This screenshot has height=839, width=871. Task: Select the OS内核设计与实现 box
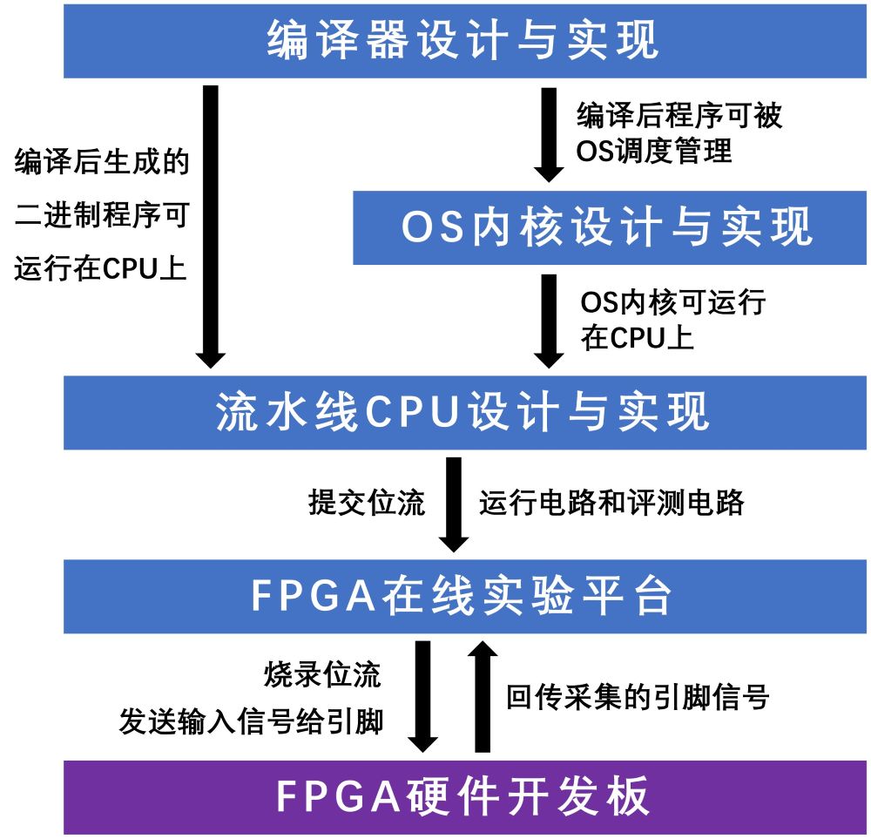point(609,227)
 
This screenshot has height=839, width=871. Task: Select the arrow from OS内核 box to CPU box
point(549,319)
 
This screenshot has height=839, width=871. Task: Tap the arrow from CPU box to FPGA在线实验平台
point(454,504)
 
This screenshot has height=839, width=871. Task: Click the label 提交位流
point(366,503)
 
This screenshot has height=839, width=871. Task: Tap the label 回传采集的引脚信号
point(638,697)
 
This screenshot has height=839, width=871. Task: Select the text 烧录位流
point(322,675)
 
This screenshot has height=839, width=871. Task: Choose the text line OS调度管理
point(654,152)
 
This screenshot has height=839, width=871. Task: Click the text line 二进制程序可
point(101,216)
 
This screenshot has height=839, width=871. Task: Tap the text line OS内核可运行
point(672,303)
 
